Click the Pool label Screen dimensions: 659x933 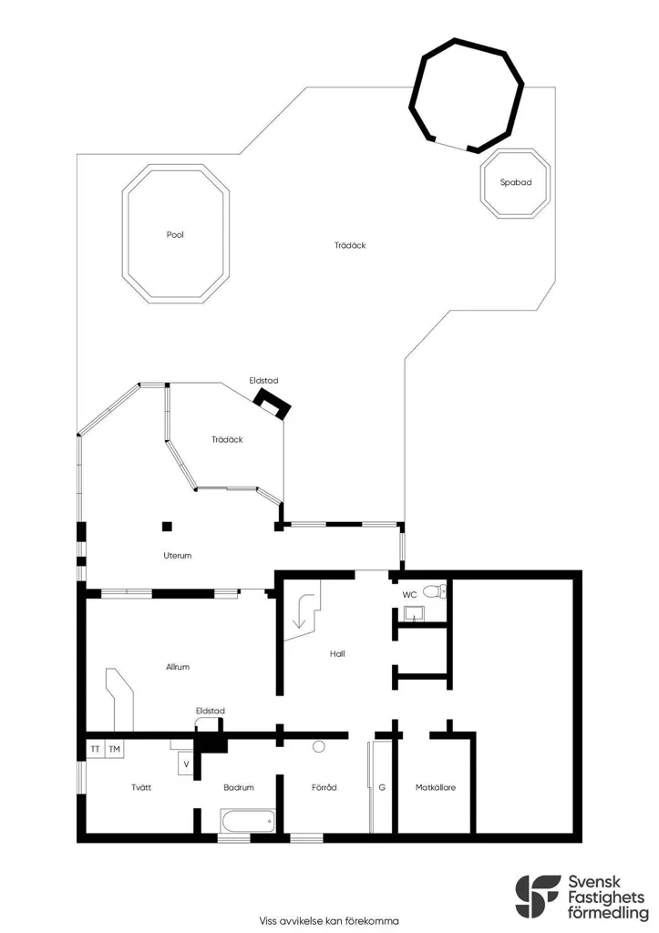175,235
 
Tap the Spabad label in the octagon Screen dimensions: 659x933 516,182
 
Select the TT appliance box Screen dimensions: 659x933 95,749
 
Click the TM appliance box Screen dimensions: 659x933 114,749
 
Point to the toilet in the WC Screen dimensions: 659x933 435,591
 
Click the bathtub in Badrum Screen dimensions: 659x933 248,821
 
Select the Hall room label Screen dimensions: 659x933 337,654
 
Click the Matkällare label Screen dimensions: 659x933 436,787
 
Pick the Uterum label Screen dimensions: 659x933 178,556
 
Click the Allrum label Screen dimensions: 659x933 178,667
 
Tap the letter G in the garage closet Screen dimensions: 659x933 382,787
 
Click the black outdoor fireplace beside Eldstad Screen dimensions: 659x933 273,405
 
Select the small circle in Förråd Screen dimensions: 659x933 319,746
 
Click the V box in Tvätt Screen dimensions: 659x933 186,764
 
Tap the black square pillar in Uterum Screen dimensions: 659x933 168,526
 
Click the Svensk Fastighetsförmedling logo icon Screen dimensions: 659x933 537,897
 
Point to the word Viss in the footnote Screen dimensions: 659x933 269,921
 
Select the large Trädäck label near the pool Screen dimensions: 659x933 350,245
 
